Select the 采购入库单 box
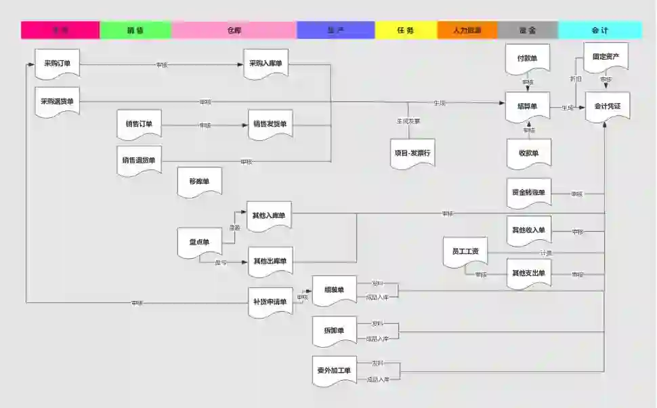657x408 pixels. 266,64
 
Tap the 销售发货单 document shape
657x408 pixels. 270,125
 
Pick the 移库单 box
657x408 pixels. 199,182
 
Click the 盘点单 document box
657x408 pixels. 199,243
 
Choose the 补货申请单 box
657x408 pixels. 270,302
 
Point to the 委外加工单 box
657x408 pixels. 334,371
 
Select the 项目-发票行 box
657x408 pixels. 412,153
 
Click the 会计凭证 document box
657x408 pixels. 608,107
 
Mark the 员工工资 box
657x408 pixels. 465,252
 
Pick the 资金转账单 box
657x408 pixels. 528,192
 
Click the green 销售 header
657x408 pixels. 135,30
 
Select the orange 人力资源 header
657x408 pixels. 467,30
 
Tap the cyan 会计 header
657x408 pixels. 599,30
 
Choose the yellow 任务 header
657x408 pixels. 406,30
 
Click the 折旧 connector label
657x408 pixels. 576,79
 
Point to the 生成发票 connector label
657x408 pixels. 408,121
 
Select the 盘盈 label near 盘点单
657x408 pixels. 234,228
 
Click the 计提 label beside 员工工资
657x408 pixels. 546,253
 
